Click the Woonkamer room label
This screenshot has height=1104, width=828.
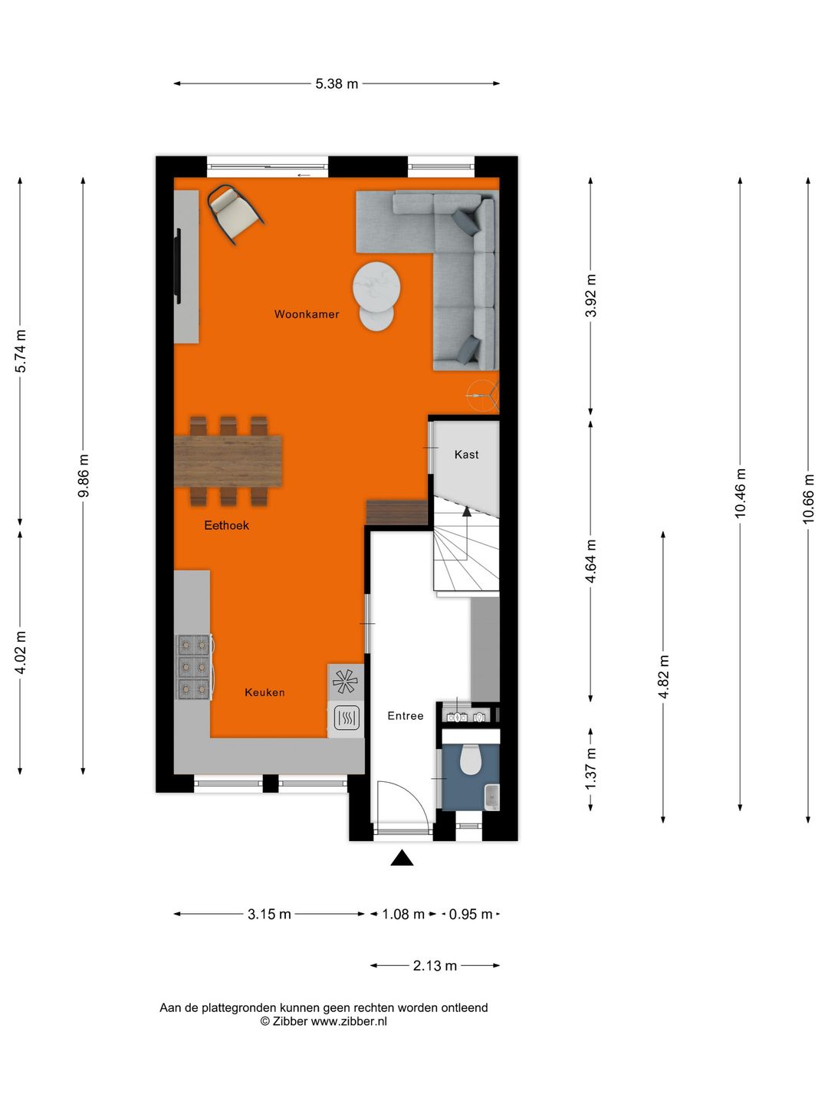click(x=307, y=314)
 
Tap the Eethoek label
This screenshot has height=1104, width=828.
click(x=226, y=525)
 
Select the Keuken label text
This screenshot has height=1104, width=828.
click(x=264, y=692)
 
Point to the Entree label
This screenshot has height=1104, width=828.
click(x=405, y=716)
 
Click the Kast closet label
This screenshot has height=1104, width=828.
click(x=466, y=455)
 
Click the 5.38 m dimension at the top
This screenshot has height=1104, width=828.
click(x=337, y=84)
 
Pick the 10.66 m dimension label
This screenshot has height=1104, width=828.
click(x=808, y=499)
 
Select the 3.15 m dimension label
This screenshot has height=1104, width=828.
click(x=269, y=914)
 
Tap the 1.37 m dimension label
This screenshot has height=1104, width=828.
click(x=590, y=769)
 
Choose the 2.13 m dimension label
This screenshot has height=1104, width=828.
click(x=435, y=966)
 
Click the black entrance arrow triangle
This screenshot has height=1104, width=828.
click(x=402, y=859)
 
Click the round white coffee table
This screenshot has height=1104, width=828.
click(x=376, y=287)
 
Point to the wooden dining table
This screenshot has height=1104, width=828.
click(x=228, y=461)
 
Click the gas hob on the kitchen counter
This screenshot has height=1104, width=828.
click(x=194, y=667)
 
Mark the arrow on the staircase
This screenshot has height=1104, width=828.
click(x=466, y=512)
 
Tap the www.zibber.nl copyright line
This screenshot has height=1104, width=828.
click(x=324, y=1021)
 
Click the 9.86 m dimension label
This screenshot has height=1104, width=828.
click(x=84, y=476)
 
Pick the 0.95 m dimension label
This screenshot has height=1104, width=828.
click(x=471, y=914)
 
